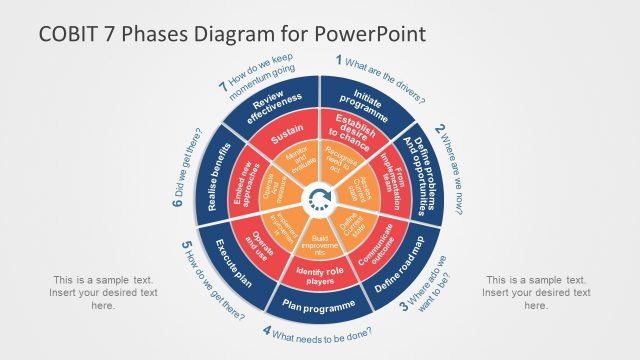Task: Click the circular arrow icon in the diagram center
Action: pyautogui.click(x=319, y=197)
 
